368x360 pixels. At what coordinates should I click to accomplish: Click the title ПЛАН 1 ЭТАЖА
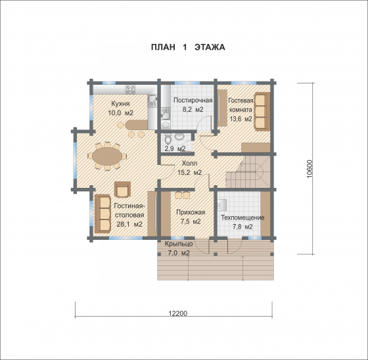pos(188,47)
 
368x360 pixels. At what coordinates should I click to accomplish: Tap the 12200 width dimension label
pos(178,313)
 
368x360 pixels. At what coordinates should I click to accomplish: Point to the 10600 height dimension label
pos(310,169)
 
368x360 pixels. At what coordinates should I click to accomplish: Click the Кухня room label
pos(120,104)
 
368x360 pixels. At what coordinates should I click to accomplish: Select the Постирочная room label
pos(193,101)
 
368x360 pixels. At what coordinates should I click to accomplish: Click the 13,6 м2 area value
pos(241,119)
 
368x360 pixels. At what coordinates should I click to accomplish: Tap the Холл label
pos(189,163)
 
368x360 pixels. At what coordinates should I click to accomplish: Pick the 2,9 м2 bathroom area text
pos(175,148)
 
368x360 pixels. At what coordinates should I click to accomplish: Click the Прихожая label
pos(191,212)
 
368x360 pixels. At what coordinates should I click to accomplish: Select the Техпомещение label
pos(242,217)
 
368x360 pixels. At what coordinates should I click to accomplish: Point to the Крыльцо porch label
pos(179,244)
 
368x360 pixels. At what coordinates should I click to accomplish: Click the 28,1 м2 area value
pos(129,224)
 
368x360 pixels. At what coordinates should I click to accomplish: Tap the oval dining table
pos(107,156)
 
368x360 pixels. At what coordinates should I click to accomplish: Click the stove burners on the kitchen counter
pos(130,89)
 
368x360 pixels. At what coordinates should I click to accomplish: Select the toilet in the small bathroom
pos(168,139)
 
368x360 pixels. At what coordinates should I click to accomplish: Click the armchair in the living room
pos(122,189)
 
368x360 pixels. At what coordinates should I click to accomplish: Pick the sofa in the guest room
pos(262,112)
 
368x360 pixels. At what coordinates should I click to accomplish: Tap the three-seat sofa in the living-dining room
pos(103,214)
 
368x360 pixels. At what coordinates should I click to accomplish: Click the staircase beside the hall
pos(248,172)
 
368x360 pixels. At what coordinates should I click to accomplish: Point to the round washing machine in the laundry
pos(166,125)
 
